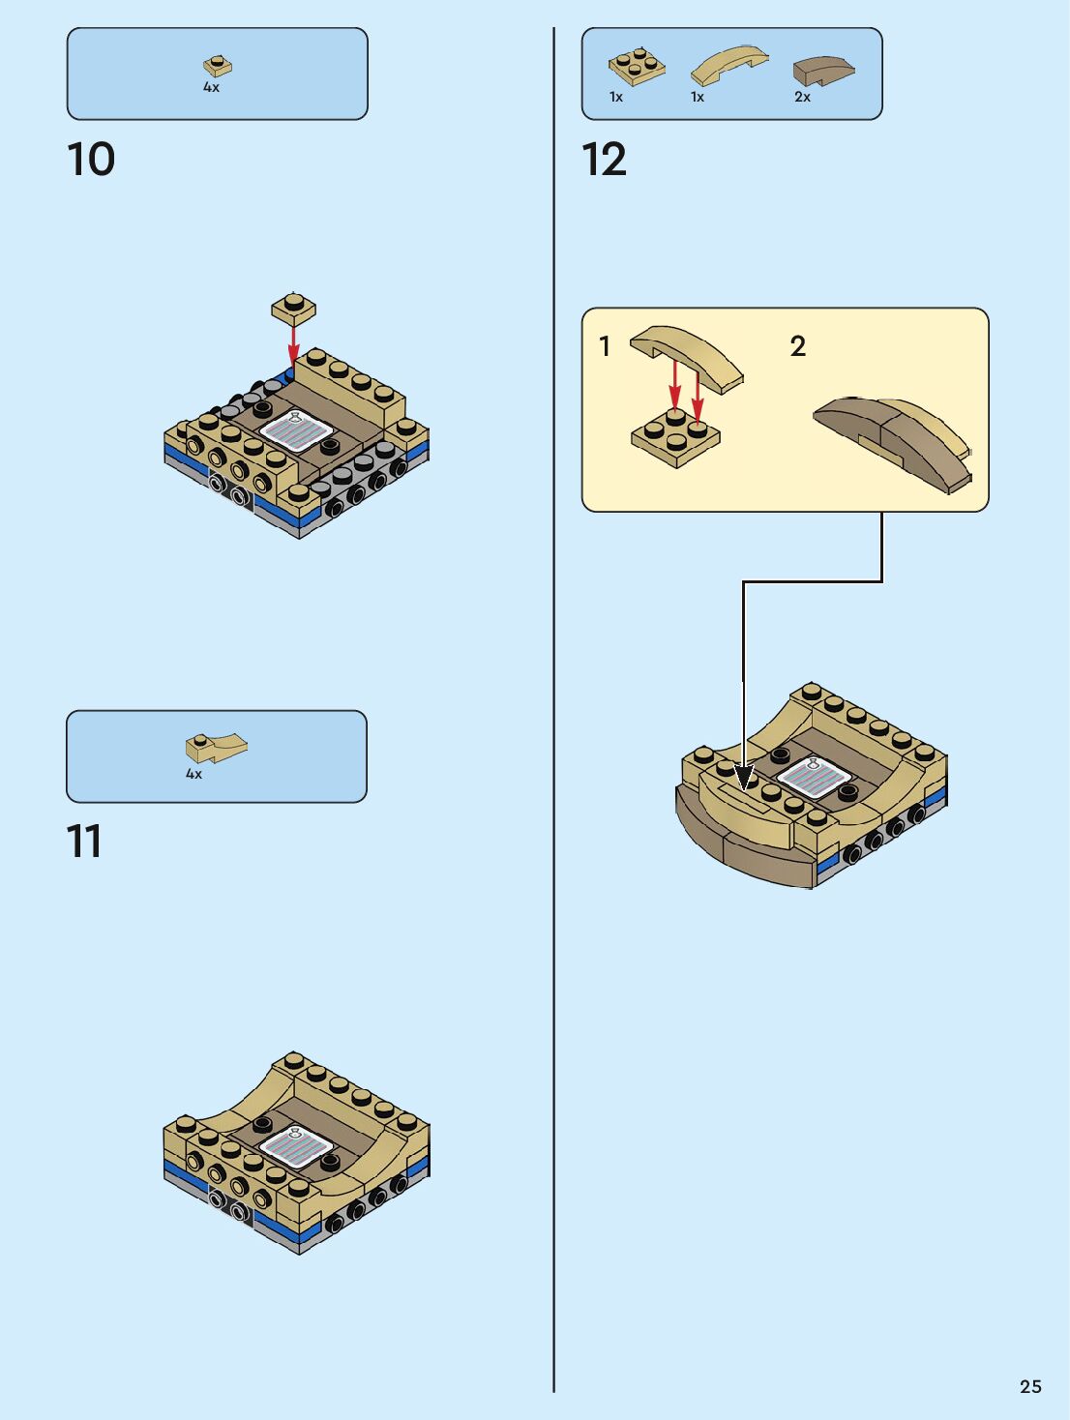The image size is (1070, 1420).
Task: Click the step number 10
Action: (x=91, y=160)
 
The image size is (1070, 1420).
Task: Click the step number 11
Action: (x=84, y=841)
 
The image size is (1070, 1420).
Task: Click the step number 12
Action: (x=605, y=160)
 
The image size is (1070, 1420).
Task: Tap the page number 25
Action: (x=1030, y=1386)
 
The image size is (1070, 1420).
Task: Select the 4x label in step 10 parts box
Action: (x=212, y=87)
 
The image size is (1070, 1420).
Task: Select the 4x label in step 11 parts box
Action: (x=194, y=774)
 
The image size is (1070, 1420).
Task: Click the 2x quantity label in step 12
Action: (x=802, y=97)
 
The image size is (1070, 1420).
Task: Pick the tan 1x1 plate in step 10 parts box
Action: (x=218, y=66)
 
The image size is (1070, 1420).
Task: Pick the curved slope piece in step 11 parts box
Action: (x=216, y=747)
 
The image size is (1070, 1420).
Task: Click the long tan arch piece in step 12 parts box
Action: (x=729, y=65)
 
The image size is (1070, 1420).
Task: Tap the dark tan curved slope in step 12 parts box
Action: (x=823, y=71)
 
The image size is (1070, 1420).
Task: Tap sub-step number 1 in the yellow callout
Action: (x=605, y=346)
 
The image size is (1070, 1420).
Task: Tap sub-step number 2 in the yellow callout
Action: (x=798, y=346)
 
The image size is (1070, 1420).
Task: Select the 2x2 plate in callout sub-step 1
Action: (x=675, y=437)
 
